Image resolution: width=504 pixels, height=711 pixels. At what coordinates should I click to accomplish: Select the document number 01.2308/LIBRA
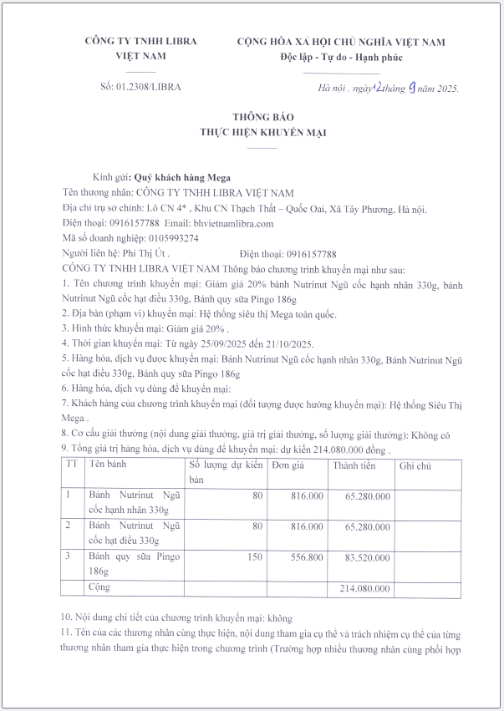click(147, 86)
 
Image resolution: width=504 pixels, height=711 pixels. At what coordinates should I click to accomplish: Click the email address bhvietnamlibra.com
click(233, 223)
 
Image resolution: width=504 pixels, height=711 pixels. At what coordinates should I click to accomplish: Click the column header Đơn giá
click(288, 465)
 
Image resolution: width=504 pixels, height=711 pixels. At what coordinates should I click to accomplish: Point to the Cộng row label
click(100, 588)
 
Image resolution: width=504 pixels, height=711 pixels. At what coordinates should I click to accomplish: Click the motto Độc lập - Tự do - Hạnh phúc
click(341, 57)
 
